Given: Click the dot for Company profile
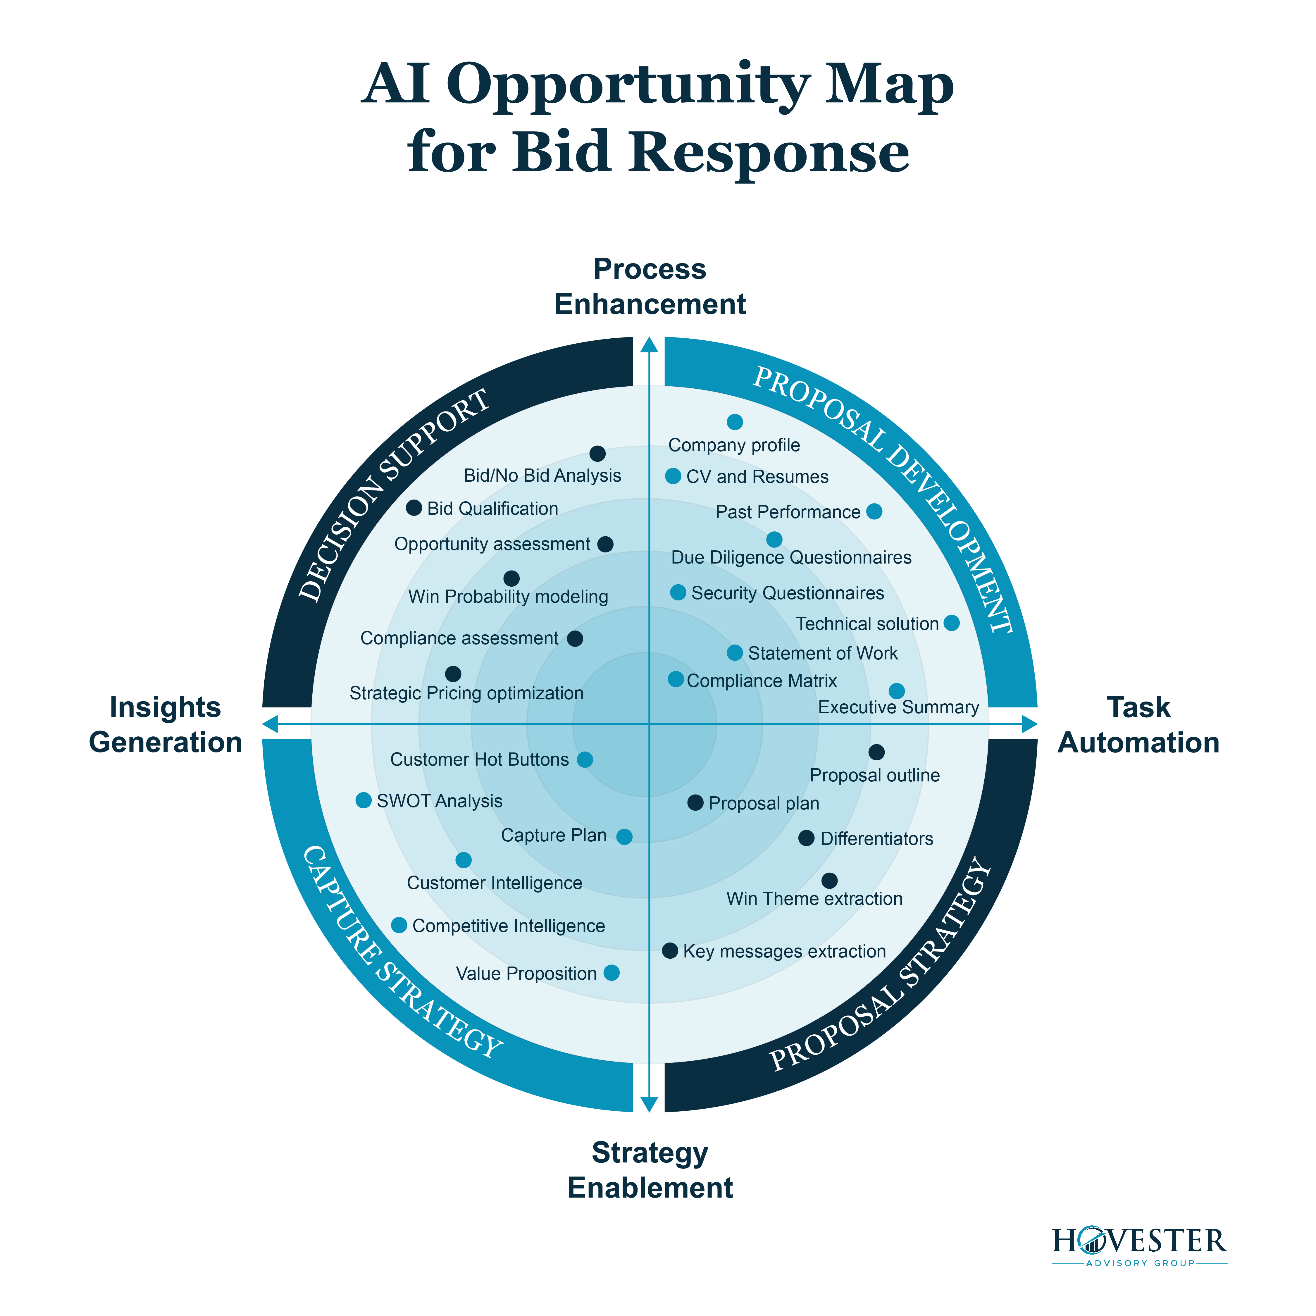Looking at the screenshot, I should point(734,422).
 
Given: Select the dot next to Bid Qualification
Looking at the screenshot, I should point(414,507).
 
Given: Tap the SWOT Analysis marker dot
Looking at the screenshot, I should point(364,800).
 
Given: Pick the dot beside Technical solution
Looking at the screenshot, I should point(952,623).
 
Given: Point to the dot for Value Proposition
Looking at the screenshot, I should point(612,973).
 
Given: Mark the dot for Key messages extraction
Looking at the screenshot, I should point(670,950).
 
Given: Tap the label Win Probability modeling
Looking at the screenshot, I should point(508,597).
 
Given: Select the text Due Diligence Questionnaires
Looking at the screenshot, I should point(791,558).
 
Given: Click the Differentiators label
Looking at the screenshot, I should point(877,838).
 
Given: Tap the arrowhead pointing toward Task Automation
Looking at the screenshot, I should point(1029,724).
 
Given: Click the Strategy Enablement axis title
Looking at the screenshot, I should point(650,1170).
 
